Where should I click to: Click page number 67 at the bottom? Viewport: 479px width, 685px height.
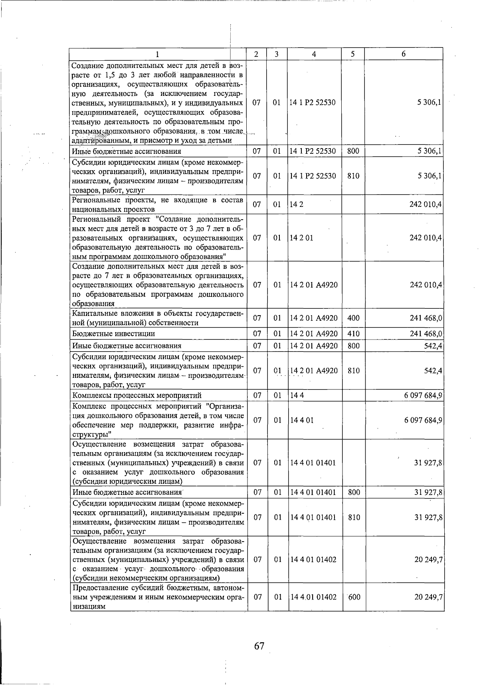[x=259, y=645]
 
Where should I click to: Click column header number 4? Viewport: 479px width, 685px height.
[x=314, y=54]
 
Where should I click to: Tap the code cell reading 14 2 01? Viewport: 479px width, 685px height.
[x=301, y=238]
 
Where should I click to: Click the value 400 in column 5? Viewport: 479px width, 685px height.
[x=353, y=318]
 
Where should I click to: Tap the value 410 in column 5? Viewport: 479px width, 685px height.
[x=353, y=334]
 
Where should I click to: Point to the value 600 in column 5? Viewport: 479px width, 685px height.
[x=354, y=597]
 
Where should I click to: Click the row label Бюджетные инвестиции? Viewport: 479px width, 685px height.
[x=114, y=334]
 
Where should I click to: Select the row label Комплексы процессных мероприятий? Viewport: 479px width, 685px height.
[x=137, y=395]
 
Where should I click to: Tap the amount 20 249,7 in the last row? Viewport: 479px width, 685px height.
[x=428, y=597]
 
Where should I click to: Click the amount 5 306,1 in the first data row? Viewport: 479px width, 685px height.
[x=430, y=103]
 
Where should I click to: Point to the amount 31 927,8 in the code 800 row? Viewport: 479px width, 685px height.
[x=428, y=492]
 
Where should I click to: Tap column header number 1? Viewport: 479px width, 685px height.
[x=157, y=54]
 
